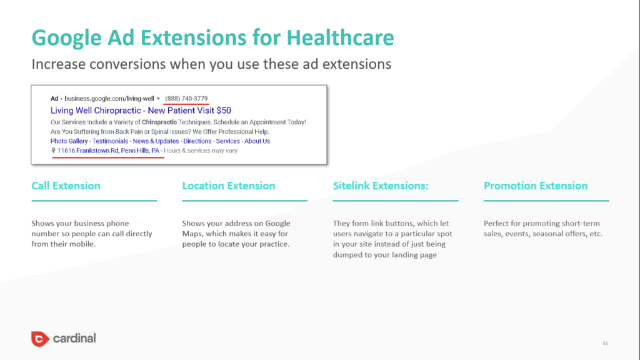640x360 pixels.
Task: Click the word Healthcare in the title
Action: tap(340, 37)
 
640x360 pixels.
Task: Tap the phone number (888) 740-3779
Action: tap(186, 98)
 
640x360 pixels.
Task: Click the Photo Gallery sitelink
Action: tap(69, 141)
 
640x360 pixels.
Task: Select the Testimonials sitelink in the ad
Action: tap(110, 141)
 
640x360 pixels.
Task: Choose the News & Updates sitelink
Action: tap(156, 141)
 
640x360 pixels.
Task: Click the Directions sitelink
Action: tap(197, 141)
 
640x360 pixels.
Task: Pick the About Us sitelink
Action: tap(257, 141)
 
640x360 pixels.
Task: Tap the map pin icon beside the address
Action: tap(53, 151)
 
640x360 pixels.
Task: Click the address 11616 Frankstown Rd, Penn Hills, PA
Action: tap(108, 151)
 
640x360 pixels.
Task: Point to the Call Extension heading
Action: tap(66, 186)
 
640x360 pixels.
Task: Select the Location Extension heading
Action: tap(229, 186)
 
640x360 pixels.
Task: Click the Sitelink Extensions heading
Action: tap(381, 186)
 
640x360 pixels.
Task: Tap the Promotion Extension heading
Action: tap(536, 186)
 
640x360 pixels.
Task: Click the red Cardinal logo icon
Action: tap(40, 339)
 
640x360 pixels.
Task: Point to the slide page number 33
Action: tap(605, 343)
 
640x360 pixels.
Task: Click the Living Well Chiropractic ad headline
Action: tap(141, 110)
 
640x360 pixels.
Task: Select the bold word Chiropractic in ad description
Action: tap(159, 122)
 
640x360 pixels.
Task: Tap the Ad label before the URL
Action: tap(54, 98)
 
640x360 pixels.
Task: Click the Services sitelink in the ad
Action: tap(227, 141)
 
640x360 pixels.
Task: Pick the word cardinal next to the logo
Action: tap(74, 338)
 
